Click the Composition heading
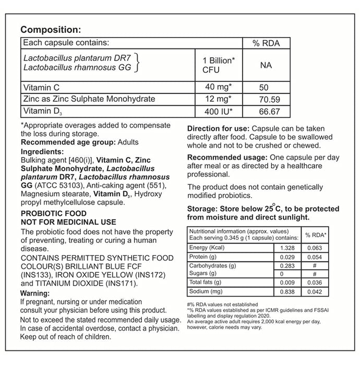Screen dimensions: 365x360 (50, 30)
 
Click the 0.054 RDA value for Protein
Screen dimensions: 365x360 (315, 257)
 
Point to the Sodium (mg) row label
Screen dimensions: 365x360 (207, 293)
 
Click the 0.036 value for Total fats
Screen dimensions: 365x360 (315, 283)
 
